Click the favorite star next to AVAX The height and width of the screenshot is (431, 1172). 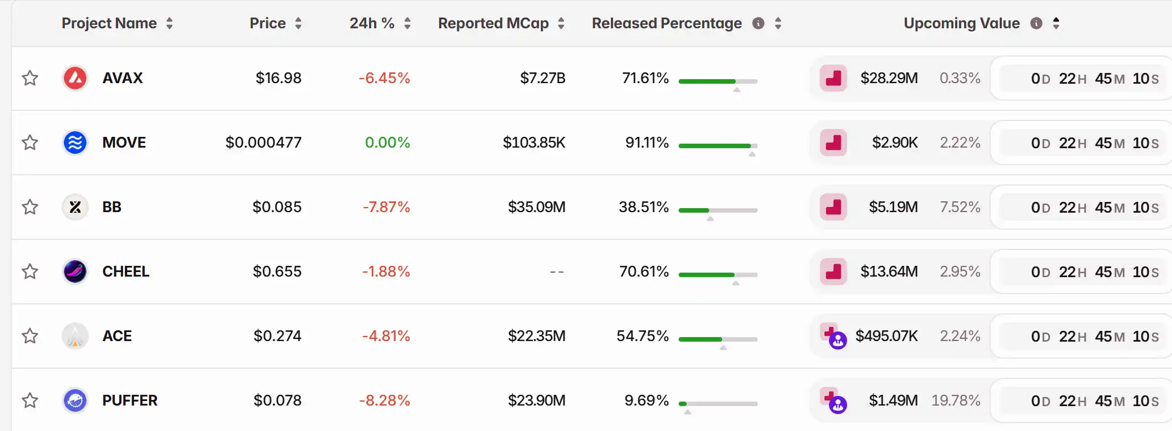click(x=30, y=78)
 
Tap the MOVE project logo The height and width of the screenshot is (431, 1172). click(x=75, y=143)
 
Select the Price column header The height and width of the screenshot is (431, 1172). click(x=268, y=23)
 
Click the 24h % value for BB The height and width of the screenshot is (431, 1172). click(x=386, y=207)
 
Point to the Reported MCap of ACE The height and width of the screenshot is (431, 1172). click(x=536, y=336)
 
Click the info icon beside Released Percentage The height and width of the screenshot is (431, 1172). click(x=758, y=23)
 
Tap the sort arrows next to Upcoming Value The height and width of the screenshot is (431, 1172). click(x=1056, y=23)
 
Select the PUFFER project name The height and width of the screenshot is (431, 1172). click(x=129, y=400)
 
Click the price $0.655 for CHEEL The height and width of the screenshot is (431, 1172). click(x=277, y=271)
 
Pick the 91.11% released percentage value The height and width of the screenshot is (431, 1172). click(x=646, y=143)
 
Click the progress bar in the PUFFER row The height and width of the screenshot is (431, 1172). click(x=718, y=404)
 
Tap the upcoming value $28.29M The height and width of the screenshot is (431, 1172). click(x=889, y=78)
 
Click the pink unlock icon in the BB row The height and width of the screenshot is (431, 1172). click(x=833, y=207)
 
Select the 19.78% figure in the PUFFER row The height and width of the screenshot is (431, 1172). click(x=956, y=400)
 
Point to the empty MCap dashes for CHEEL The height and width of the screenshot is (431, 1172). click(x=557, y=272)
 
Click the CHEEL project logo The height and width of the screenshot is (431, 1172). click(x=75, y=271)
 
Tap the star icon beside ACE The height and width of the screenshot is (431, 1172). click(x=30, y=336)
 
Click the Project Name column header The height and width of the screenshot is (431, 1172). click(x=109, y=23)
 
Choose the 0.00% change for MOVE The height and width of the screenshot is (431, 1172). click(x=387, y=143)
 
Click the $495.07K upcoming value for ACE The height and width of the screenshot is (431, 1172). click(x=886, y=336)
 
